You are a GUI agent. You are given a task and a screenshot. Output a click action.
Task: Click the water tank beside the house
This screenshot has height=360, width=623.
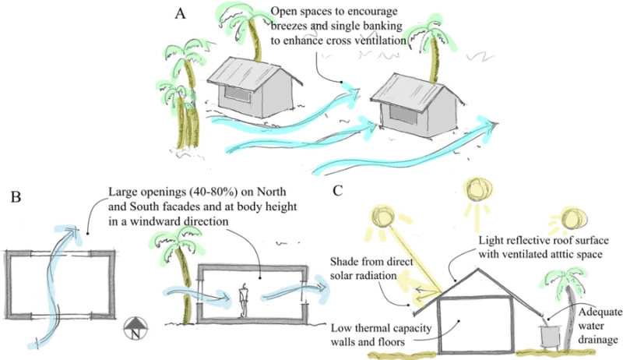(x=550, y=335)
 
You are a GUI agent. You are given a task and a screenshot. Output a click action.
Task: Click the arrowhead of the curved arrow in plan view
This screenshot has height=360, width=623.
(x=74, y=229)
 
